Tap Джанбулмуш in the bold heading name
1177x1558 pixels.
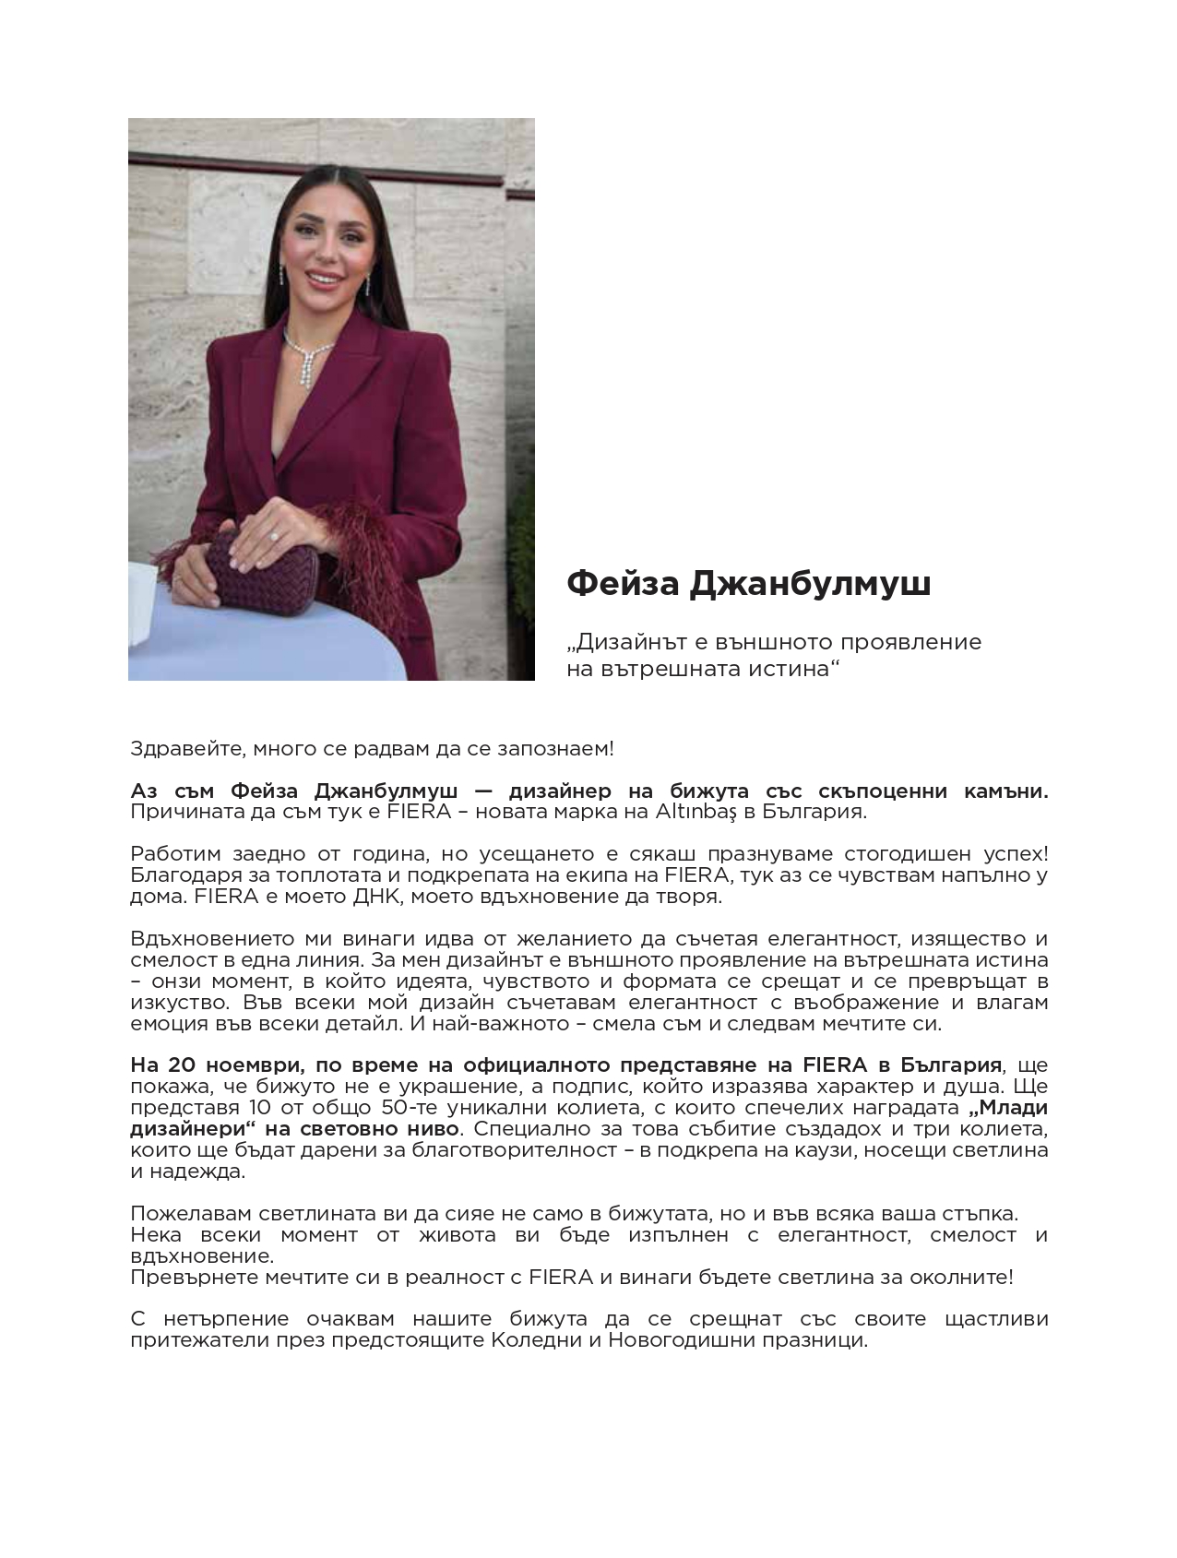pyautogui.click(x=810, y=584)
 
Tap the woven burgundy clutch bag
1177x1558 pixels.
pyautogui.click(x=263, y=574)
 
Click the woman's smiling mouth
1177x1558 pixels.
pyautogui.click(x=323, y=276)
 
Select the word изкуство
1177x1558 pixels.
pyautogui.click(x=172, y=1003)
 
